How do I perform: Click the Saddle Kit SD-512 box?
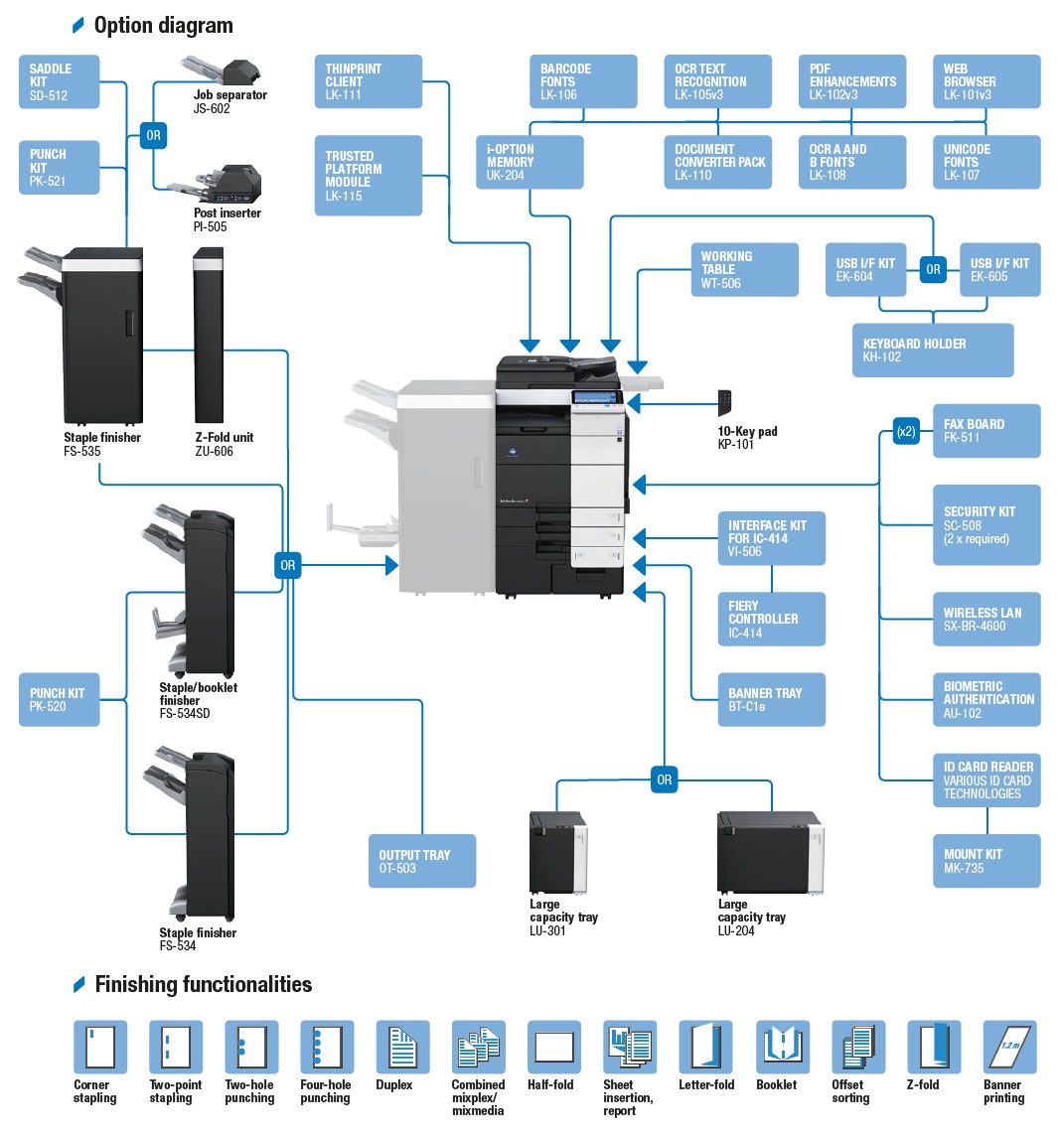(x=60, y=82)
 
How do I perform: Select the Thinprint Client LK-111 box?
(x=369, y=82)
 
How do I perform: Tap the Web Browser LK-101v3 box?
(x=985, y=82)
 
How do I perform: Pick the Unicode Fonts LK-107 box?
(x=985, y=163)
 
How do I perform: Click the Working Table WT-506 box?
(x=745, y=270)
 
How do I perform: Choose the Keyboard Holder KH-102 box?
(x=932, y=351)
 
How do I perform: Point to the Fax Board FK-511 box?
(x=985, y=431)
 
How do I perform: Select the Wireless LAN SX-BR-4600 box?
(x=985, y=620)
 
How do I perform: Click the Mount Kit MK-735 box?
(x=985, y=861)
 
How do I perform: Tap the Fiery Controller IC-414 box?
(x=771, y=620)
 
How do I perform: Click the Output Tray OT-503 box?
(x=421, y=861)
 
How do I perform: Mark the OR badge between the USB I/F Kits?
(x=933, y=269)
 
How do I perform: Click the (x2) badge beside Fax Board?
(x=906, y=432)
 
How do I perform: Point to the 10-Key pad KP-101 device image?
(x=726, y=403)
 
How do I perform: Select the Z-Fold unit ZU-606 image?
(x=209, y=338)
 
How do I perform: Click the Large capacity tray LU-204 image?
(x=770, y=853)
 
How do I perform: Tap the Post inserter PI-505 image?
(x=221, y=186)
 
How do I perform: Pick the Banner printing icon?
(x=1009, y=1047)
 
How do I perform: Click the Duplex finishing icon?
(x=402, y=1047)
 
